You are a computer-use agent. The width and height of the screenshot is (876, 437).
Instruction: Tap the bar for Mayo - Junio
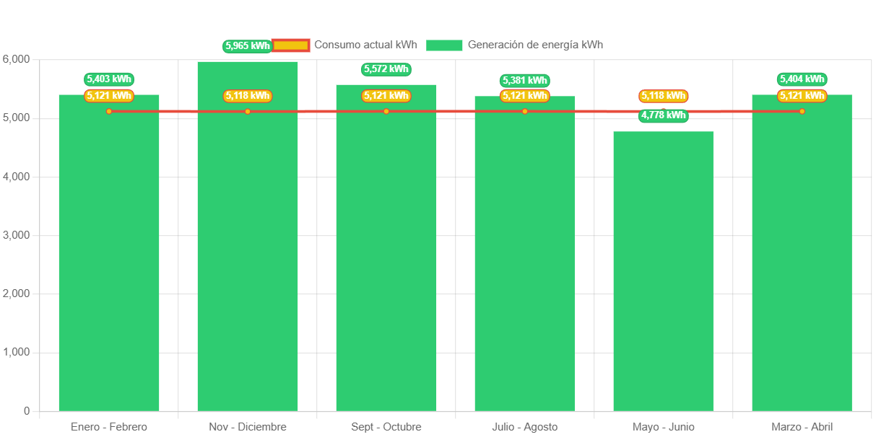point(663,274)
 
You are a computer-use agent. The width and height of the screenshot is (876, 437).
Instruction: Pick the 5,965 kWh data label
point(247,46)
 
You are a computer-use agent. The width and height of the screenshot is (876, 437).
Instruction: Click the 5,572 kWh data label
point(386,69)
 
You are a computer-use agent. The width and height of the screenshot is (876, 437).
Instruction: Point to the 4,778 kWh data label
point(663,115)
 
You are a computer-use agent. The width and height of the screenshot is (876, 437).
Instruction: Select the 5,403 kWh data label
point(109,79)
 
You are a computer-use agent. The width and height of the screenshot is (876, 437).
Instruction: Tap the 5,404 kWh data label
point(802,79)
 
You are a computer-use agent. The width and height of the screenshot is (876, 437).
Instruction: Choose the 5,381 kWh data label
point(524,81)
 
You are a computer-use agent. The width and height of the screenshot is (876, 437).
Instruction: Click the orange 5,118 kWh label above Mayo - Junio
point(663,96)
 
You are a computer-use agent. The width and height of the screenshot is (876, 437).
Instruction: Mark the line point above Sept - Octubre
point(386,111)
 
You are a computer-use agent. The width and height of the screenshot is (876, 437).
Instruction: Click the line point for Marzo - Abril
point(802,111)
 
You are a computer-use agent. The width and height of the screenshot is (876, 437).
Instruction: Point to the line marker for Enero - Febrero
point(109,111)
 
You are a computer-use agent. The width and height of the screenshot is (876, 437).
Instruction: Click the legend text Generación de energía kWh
point(535,45)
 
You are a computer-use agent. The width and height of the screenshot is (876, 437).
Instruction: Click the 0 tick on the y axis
point(26,411)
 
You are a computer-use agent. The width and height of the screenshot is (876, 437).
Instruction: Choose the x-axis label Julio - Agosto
point(524,427)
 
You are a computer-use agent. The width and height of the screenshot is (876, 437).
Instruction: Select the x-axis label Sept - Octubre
point(386,427)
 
